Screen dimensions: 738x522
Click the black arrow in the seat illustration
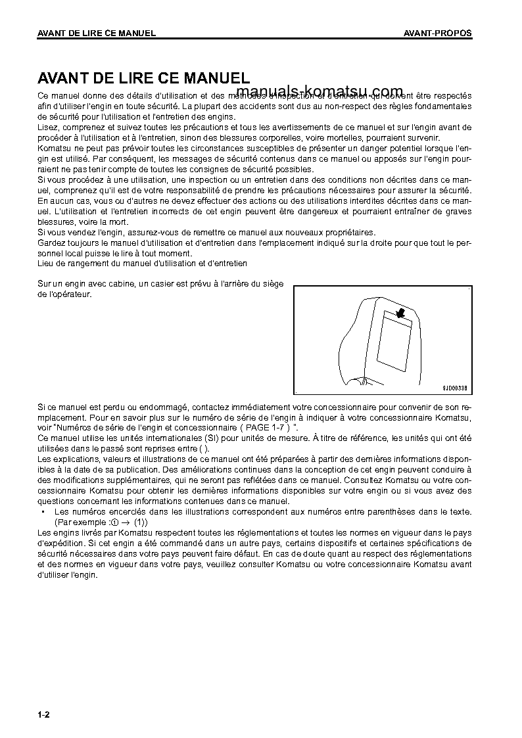click(401, 314)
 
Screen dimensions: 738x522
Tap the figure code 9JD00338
click(454, 388)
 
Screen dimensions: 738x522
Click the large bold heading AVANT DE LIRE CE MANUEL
click(143, 79)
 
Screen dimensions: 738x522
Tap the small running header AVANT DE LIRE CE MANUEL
click(97, 34)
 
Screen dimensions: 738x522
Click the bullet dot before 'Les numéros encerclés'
click(43, 511)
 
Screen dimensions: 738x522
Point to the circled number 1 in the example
click(105, 521)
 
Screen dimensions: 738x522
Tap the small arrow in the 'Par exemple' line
click(120, 521)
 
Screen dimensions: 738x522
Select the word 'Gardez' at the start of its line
click(51, 242)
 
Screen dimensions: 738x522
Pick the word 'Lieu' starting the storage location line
click(45, 263)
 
